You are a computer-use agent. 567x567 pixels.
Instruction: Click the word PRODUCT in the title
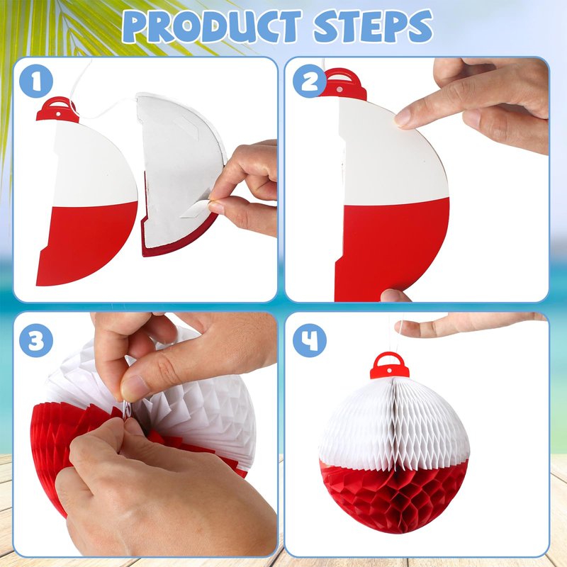tap(211, 26)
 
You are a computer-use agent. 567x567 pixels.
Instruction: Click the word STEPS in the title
tap(374, 26)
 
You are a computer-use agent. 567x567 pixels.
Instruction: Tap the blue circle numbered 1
tap(36, 81)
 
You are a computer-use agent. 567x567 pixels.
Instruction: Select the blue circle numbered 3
tap(36, 340)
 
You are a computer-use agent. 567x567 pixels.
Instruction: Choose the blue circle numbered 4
tap(310, 340)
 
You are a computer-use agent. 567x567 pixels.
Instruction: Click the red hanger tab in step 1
tap(57, 110)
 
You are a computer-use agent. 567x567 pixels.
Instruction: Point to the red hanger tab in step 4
tap(389, 365)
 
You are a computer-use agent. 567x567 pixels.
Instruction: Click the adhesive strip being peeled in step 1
tap(196, 209)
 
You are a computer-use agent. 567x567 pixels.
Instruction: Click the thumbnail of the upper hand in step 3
tap(133, 388)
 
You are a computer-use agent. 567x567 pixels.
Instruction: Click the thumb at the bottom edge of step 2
tap(395, 296)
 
